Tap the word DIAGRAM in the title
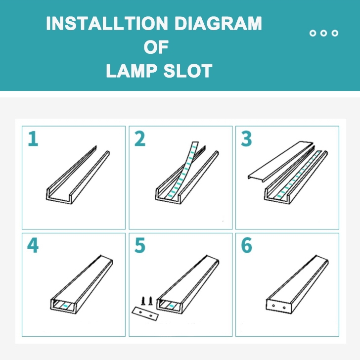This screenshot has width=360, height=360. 218,23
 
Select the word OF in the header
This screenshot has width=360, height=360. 156,47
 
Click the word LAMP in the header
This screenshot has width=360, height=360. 132,71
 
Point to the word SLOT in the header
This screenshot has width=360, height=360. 188,71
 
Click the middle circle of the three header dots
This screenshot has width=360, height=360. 324,33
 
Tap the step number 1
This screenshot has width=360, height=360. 33,138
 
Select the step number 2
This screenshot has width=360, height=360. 140,138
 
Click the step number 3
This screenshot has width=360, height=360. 246,138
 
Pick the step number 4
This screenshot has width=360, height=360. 33,245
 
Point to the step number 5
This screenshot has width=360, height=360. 140,245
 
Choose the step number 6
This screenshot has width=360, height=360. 247,245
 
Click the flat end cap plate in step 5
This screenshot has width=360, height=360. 145,314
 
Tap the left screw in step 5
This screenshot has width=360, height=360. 143,301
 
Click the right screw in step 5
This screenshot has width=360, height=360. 150,301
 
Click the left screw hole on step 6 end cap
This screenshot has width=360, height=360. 273,306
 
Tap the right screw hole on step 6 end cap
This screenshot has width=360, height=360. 284,308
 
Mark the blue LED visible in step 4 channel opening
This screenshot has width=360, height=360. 66,306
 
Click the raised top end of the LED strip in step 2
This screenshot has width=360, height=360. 195,144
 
